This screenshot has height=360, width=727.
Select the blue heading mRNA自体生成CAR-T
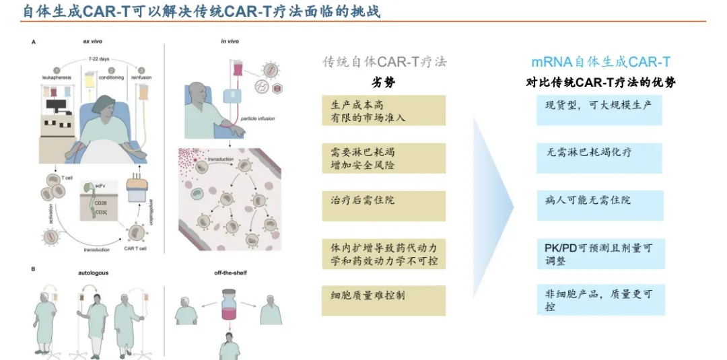(600, 62)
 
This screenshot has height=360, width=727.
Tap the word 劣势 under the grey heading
(384, 83)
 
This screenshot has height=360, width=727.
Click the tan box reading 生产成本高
(384, 110)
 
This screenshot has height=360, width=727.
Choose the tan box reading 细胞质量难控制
(384, 300)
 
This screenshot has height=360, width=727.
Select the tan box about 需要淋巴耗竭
(384, 157)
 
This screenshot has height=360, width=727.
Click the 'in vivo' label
(230, 42)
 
